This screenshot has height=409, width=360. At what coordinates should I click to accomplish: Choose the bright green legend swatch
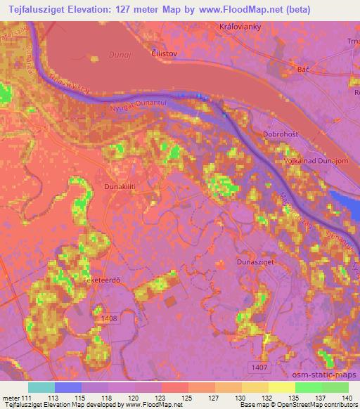(x=308, y=387)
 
